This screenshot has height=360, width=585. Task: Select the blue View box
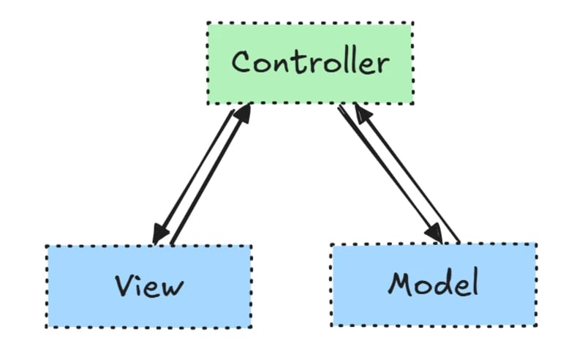tap(149, 285)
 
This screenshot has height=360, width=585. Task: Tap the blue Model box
tap(433, 285)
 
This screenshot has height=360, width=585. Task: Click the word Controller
tap(310, 62)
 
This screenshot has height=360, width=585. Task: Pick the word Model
tap(433, 282)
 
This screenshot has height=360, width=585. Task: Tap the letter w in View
tap(173, 286)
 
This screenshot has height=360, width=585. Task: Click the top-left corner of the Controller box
tap(207, 23)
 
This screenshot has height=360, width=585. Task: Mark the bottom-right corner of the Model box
tap(535, 325)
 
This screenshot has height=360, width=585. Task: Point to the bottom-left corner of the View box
tap(47, 326)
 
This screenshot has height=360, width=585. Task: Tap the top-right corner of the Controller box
tap(413, 23)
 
